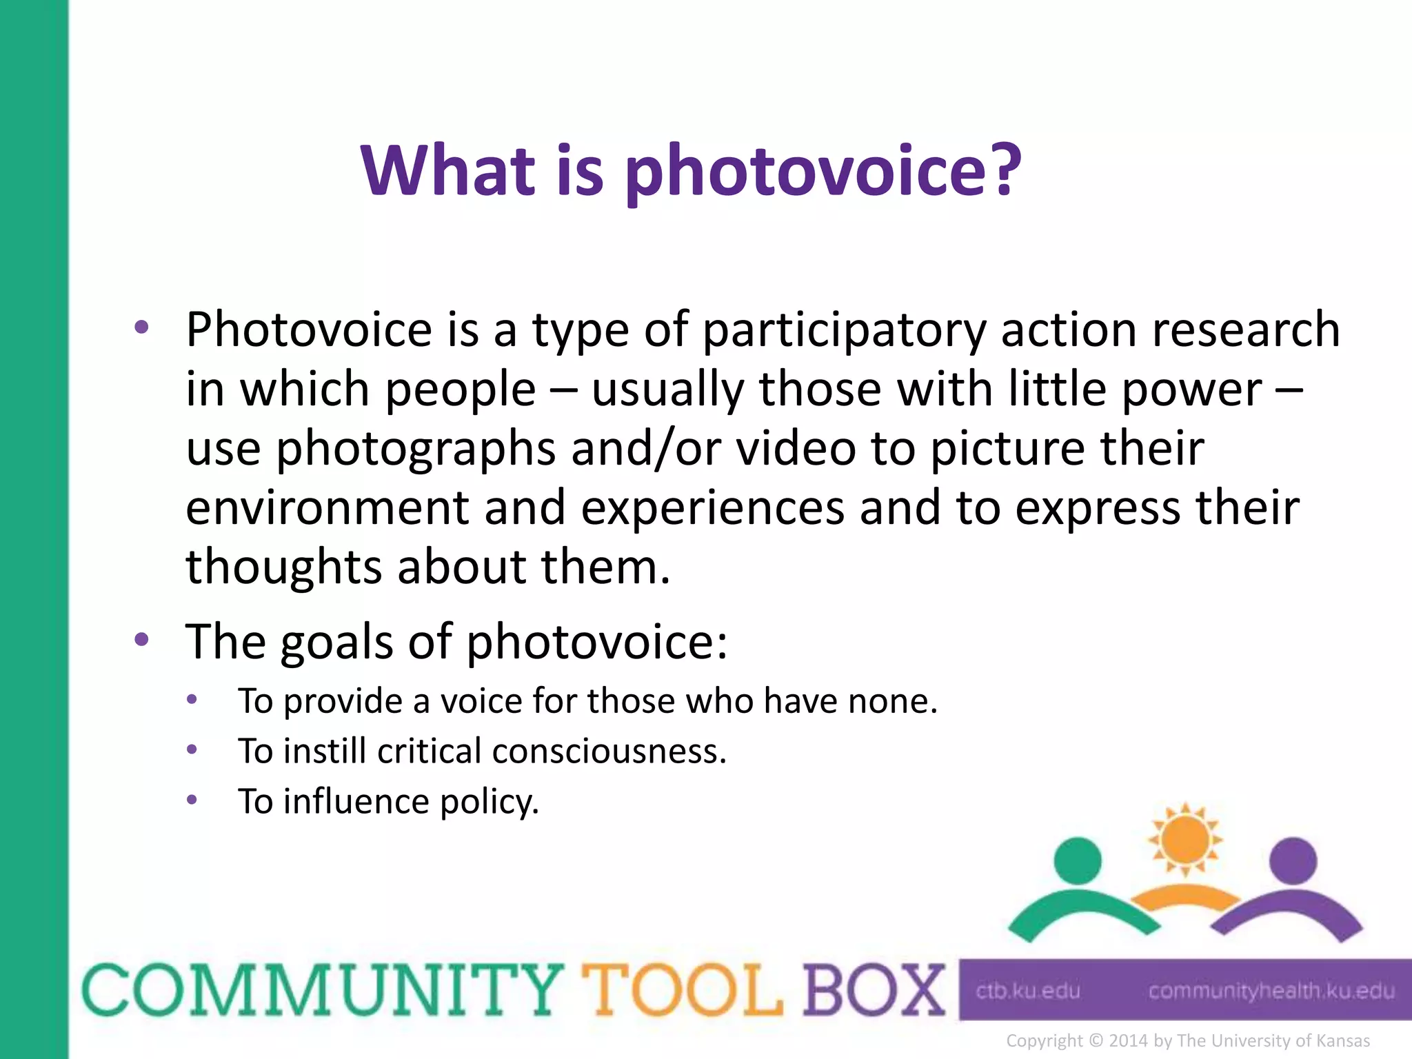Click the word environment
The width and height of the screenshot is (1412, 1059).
pyautogui.click(x=327, y=508)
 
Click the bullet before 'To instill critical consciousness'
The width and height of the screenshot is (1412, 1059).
pyautogui.click(x=192, y=749)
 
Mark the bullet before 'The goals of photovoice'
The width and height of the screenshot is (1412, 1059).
pyautogui.click(x=142, y=640)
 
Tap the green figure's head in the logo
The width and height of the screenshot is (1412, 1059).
pyautogui.click(x=1078, y=860)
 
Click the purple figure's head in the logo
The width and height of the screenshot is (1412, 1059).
pyautogui.click(x=1293, y=860)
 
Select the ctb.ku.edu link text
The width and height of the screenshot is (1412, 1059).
pyautogui.click(x=1027, y=991)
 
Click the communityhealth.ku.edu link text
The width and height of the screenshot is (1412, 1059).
pyautogui.click(x=1271, y=991)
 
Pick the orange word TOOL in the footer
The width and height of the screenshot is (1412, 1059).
pyautogui.click(x=682, y=991)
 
